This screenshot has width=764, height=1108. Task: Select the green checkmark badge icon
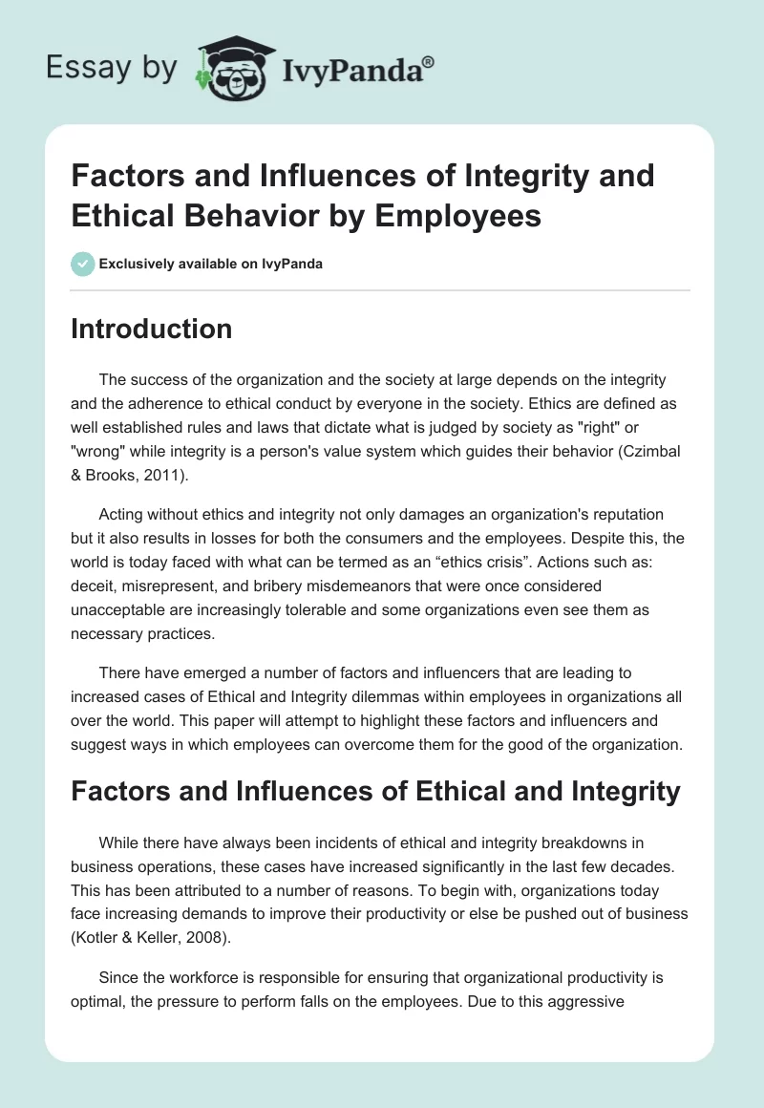(82, 264)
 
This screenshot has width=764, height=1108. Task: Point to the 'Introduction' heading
(152, 329)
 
